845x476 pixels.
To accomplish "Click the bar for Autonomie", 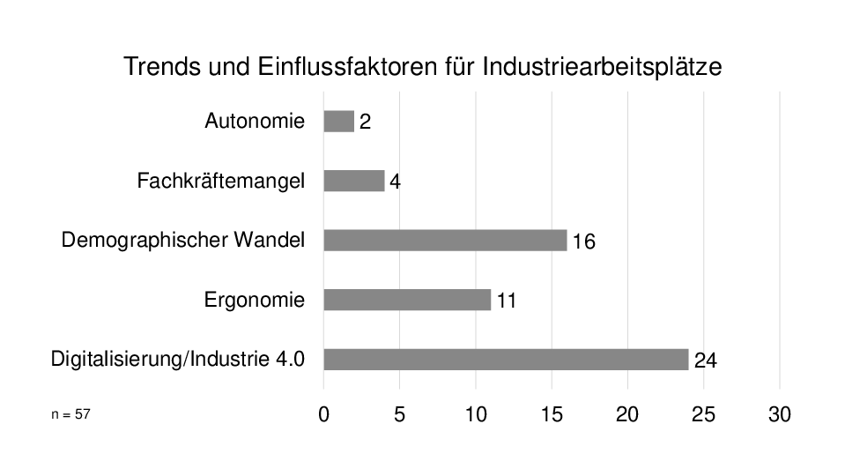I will click(x=338, y=121).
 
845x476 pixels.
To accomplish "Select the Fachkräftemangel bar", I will click(x=353, y=181).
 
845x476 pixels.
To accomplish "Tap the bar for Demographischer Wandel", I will click(x=445, y=240).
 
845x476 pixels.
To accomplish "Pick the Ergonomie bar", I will click(x=407, y=300).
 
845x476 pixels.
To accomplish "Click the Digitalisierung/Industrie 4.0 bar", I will click(x=506, y=359).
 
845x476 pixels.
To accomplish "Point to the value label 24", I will click(x=705, y=361).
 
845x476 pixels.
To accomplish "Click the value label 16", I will click(x=583, y=242).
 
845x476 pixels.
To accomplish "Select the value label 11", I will click(x=506, y=301).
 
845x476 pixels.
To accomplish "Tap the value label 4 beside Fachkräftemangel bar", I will click(x=396, y=182).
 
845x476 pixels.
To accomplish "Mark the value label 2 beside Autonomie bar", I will click(x=365, y=123).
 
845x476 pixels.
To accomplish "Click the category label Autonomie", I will click(x=255, y=121).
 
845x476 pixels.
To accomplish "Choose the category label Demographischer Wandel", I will click(x=183, y=240).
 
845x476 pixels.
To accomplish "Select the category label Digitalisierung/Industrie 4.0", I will click(x=178, y=359).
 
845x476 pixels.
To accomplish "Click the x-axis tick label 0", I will click(x=323, y=415).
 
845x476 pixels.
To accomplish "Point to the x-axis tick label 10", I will click(x=476, y=415).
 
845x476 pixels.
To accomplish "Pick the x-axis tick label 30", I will click(x=780, y=415).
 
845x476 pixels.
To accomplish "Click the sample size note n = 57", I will click(x=70, y=412).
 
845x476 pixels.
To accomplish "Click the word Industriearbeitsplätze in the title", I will click(x=602, y=67).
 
